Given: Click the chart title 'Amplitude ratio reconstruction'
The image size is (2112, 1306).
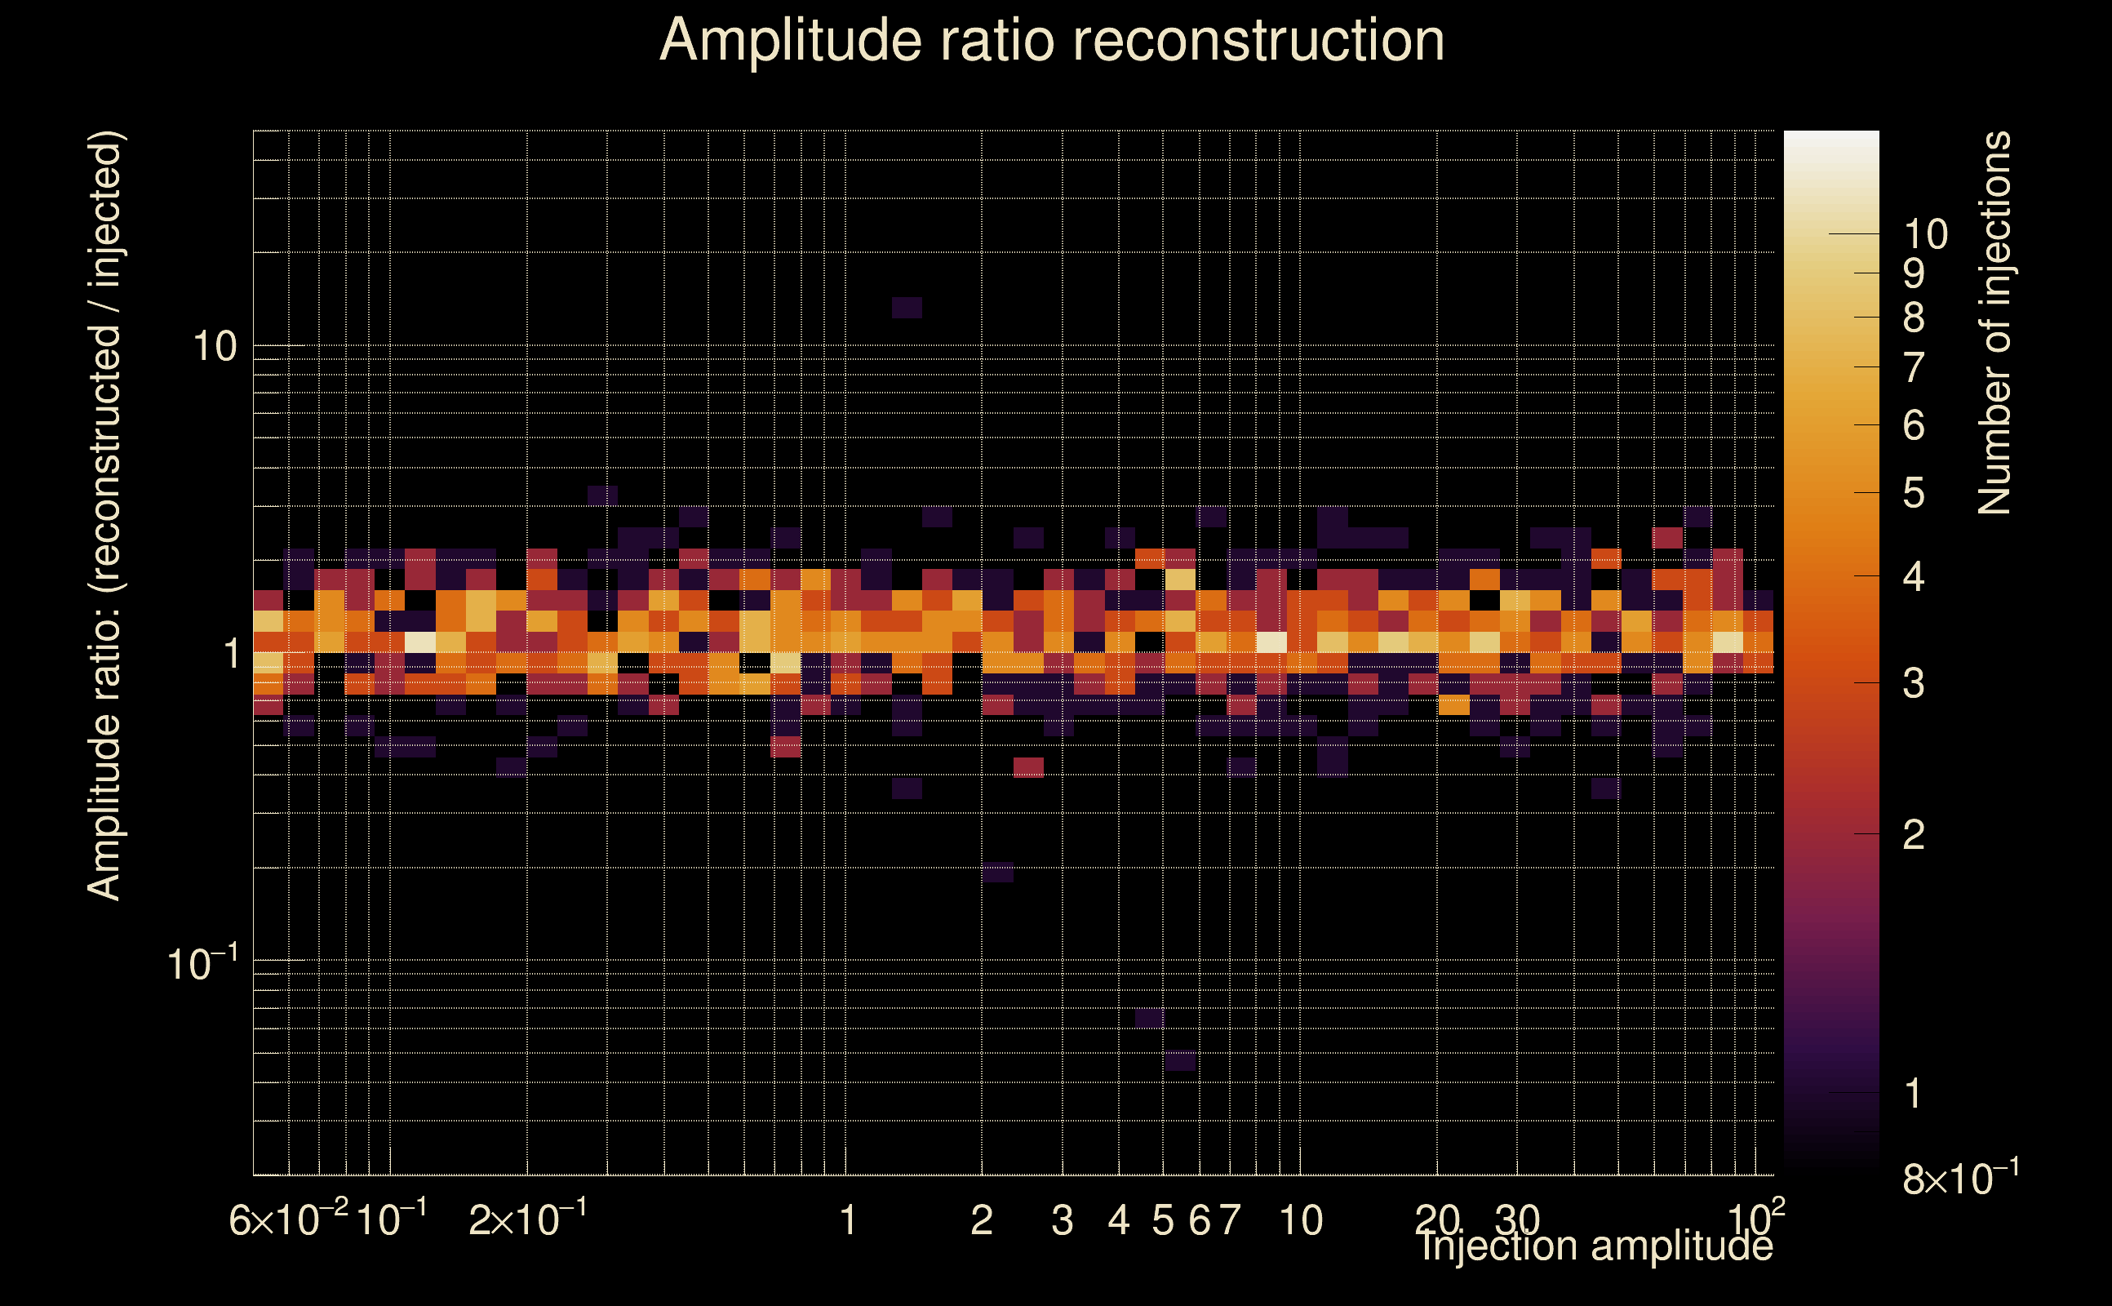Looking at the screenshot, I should [x=1052, y=41].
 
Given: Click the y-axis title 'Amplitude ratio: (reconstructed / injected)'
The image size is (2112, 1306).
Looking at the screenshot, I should [x=105, y=516].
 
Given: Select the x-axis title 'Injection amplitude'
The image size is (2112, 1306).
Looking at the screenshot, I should [x=1595, y=1246].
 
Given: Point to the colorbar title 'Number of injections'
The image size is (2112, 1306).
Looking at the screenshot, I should [x=1994, y=323].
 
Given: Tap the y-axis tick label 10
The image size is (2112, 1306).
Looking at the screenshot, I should [x=214, y=347].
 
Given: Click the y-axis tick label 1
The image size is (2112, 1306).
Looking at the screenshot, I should [x=231, y=654].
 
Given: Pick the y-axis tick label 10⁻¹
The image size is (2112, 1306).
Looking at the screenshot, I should [x=202, y=964].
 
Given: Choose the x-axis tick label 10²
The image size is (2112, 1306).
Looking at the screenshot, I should [x=1755, y=1219].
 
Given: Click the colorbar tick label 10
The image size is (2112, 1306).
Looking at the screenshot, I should [x=1925, y=235].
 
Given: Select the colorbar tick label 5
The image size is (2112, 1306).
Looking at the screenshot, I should [x=1914, y=494].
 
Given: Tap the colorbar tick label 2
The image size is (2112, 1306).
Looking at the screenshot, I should [x=1914, y=835].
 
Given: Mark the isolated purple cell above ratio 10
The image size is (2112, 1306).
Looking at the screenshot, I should [x=907, y=308].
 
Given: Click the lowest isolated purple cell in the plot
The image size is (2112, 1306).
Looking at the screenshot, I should [x=1179, y=1060].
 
